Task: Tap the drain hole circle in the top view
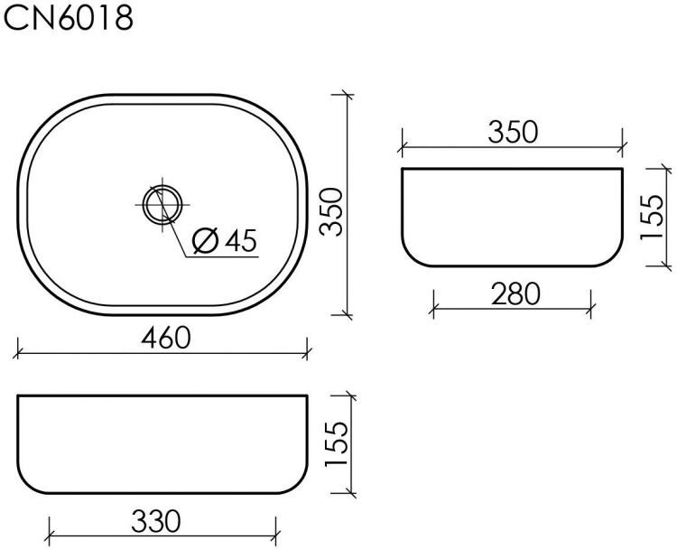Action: tap(162, 204)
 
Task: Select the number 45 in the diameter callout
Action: tap(239, 240)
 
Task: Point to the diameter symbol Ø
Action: tap(206, 241)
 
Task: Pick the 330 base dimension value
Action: tap(156, 521)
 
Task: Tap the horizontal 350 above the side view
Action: tap(513, 132)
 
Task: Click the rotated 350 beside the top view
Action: tap(334, 211)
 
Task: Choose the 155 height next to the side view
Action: tap(651, 218)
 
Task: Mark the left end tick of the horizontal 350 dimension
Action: tap(403, 144)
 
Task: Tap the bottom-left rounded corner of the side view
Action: tap(411, 256)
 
